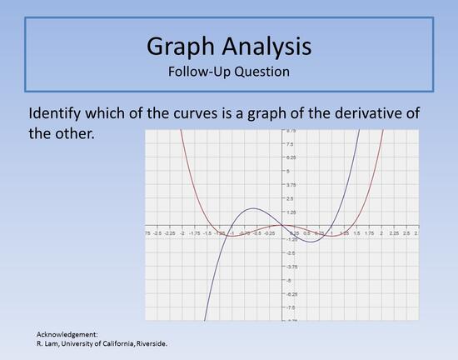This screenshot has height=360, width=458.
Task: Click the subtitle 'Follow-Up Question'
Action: (x=228, y=71)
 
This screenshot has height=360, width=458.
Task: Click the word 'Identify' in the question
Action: (x=58, y=113)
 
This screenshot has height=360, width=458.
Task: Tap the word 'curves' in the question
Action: (x=187, y=113)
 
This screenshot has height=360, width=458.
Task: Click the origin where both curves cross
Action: (x=281, y=225)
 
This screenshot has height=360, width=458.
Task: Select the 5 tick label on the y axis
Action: (x=287, y=171)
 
